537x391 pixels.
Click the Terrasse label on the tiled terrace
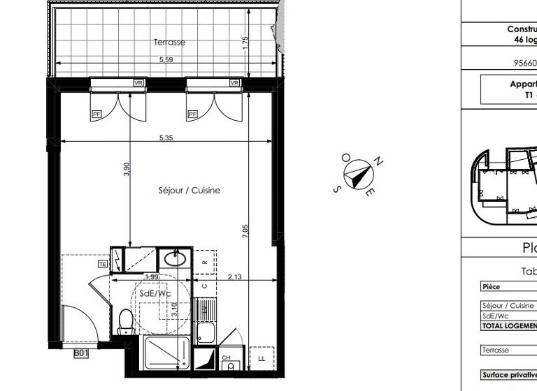[170, 43]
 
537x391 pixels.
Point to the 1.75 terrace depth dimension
[245, 43]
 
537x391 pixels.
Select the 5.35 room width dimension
[166, 138]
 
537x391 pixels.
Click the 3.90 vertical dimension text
[127, 170]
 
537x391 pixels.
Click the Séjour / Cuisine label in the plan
[189, 190]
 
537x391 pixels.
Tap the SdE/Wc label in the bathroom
[155, 294]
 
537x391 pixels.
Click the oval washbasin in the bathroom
[175, 260]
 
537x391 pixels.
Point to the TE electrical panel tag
[103, 265]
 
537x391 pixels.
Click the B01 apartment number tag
[82, 354]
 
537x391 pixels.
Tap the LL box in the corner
[262, 358]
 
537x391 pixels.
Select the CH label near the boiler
[227, 357]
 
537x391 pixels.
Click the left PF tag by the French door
[96, 114]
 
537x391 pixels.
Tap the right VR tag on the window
[234, 83]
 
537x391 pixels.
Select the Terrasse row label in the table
[495, 350]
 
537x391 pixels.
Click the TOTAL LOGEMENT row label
[508, 325]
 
